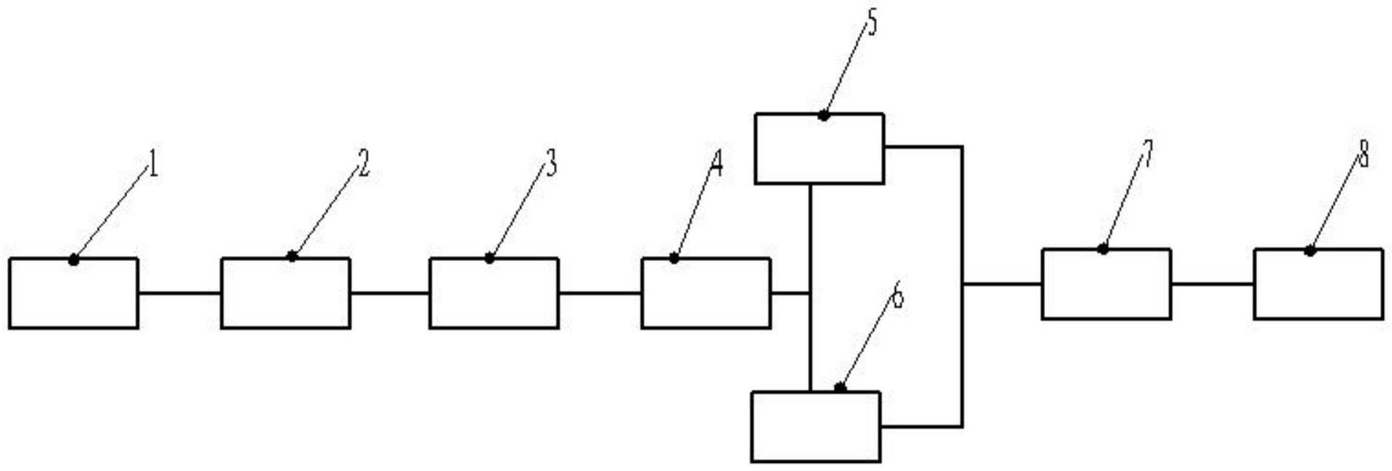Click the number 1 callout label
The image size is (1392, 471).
click(x=153, y=165)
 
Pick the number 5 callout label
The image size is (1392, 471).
click(x=870, y=23)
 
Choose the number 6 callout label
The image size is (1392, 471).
click(x=898, y=296)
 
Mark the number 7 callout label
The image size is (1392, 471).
click(x=1146, y=154)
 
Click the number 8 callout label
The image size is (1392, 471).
click(x=1363, y=154)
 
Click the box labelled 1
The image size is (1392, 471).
click(x=73, y=293)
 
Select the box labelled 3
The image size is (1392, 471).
click(x=494, y=293)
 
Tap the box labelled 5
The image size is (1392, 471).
click(x=819, y=148)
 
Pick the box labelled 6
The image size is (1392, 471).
click(x=815, y=426)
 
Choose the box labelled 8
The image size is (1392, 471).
click(x=1318, y=284)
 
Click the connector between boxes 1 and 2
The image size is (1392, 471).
click(x=179, y=293)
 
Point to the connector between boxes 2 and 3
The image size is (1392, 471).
click(x=389, y=293)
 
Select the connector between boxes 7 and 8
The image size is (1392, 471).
click(x=1212, y=284)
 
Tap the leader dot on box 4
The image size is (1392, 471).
click(x=674, y=258)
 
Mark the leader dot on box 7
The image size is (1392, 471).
click(x=1103, y=249)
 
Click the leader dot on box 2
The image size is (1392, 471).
click(x=292, y=256)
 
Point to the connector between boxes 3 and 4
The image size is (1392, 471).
click(x=600, y=293)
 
